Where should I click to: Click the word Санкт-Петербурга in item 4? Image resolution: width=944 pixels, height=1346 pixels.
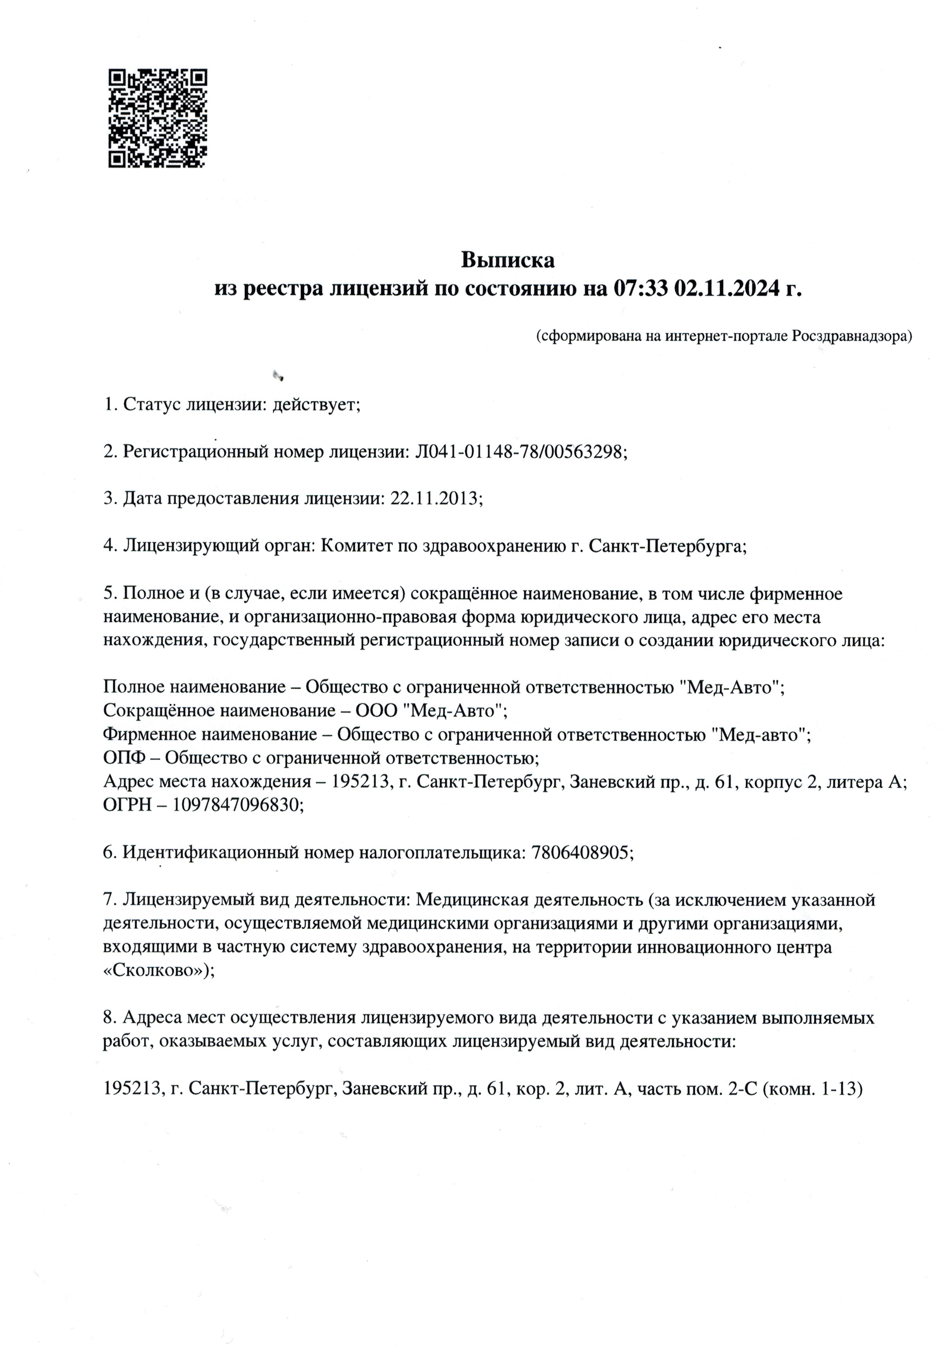pos(667,546)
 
